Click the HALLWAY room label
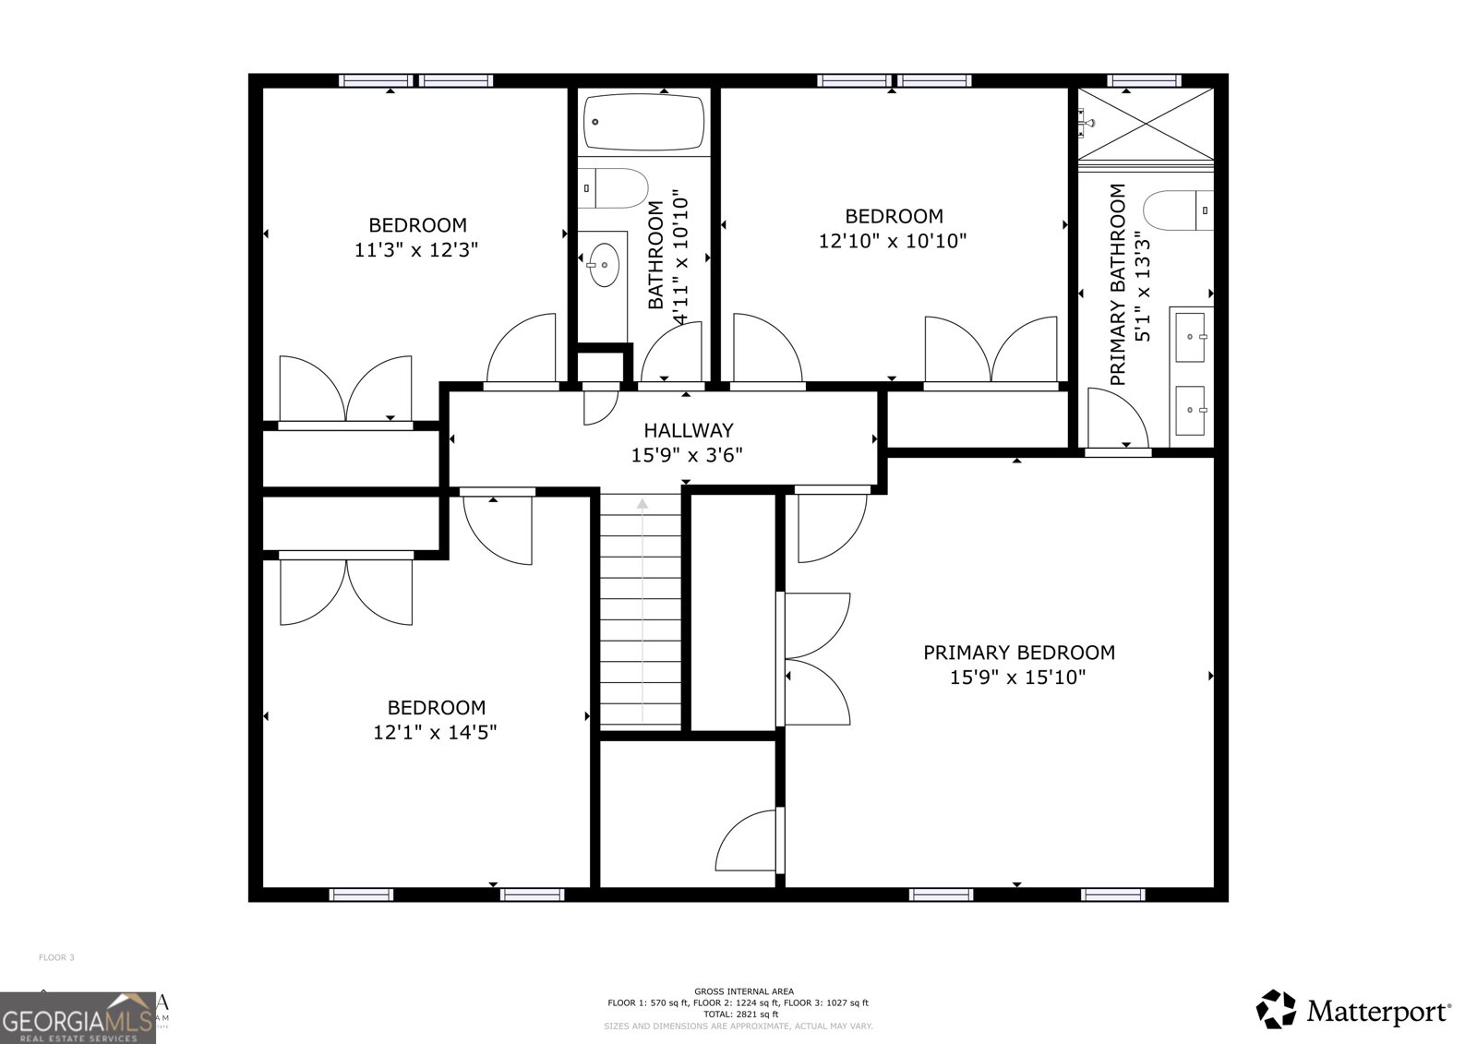click(x=688, y=430)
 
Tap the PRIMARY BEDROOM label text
click(x=1019, y=653)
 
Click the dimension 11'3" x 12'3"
click(x=416, y=250)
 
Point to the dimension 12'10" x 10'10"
click(x=893, y=241)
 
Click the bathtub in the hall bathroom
click(x=645, y=123)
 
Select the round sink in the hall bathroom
click(x=605, y=265)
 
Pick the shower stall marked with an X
click(x=1147, y=123)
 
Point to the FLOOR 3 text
click(x=56, y=957)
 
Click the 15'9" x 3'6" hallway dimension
click(x=687, y=455)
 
